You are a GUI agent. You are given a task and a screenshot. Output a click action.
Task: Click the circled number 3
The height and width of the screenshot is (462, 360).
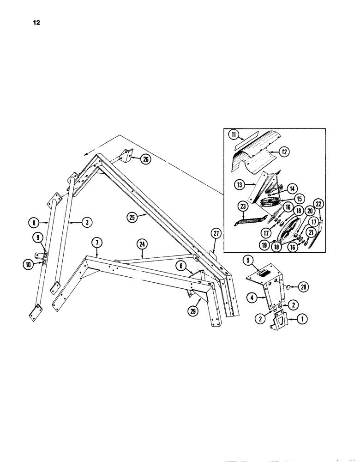pyautogui.click(x=86, y=222)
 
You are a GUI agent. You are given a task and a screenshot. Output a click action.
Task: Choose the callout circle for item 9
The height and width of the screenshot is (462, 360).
pyautogui.click(x=35, y=239)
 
